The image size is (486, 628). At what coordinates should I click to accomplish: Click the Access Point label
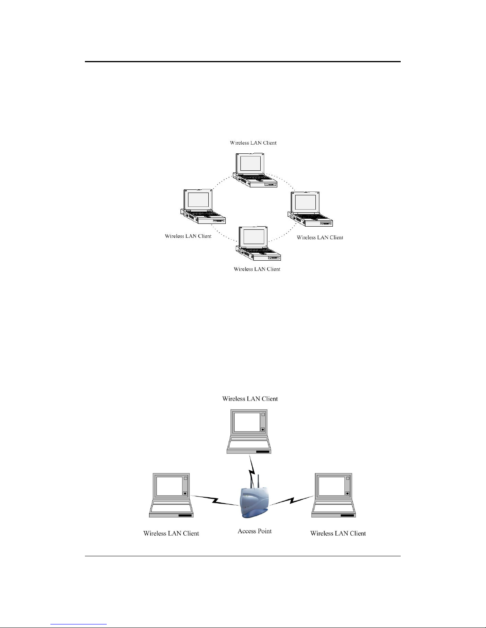(254, 531)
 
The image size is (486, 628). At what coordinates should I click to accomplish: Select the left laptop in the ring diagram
(202, 206)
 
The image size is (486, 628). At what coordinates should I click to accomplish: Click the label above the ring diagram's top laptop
(253, 143)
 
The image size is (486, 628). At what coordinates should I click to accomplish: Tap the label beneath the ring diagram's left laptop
(188, 236)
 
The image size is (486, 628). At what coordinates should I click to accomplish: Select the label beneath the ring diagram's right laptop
(320, 237)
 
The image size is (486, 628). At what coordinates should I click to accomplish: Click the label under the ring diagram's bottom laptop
(257, 269)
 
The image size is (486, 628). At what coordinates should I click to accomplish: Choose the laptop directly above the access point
(249, 431)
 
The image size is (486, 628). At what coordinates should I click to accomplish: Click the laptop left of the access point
(171, 495)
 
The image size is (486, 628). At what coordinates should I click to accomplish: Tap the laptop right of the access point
(334, 495)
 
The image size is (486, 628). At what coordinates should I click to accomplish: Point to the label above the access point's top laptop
(250, 399)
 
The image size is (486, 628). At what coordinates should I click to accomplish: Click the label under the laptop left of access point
(171, 533)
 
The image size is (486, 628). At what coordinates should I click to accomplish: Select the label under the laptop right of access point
(338, 533)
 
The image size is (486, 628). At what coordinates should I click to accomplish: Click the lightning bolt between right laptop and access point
(292, 500)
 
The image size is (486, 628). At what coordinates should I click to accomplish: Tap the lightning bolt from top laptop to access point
(251, 470)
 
